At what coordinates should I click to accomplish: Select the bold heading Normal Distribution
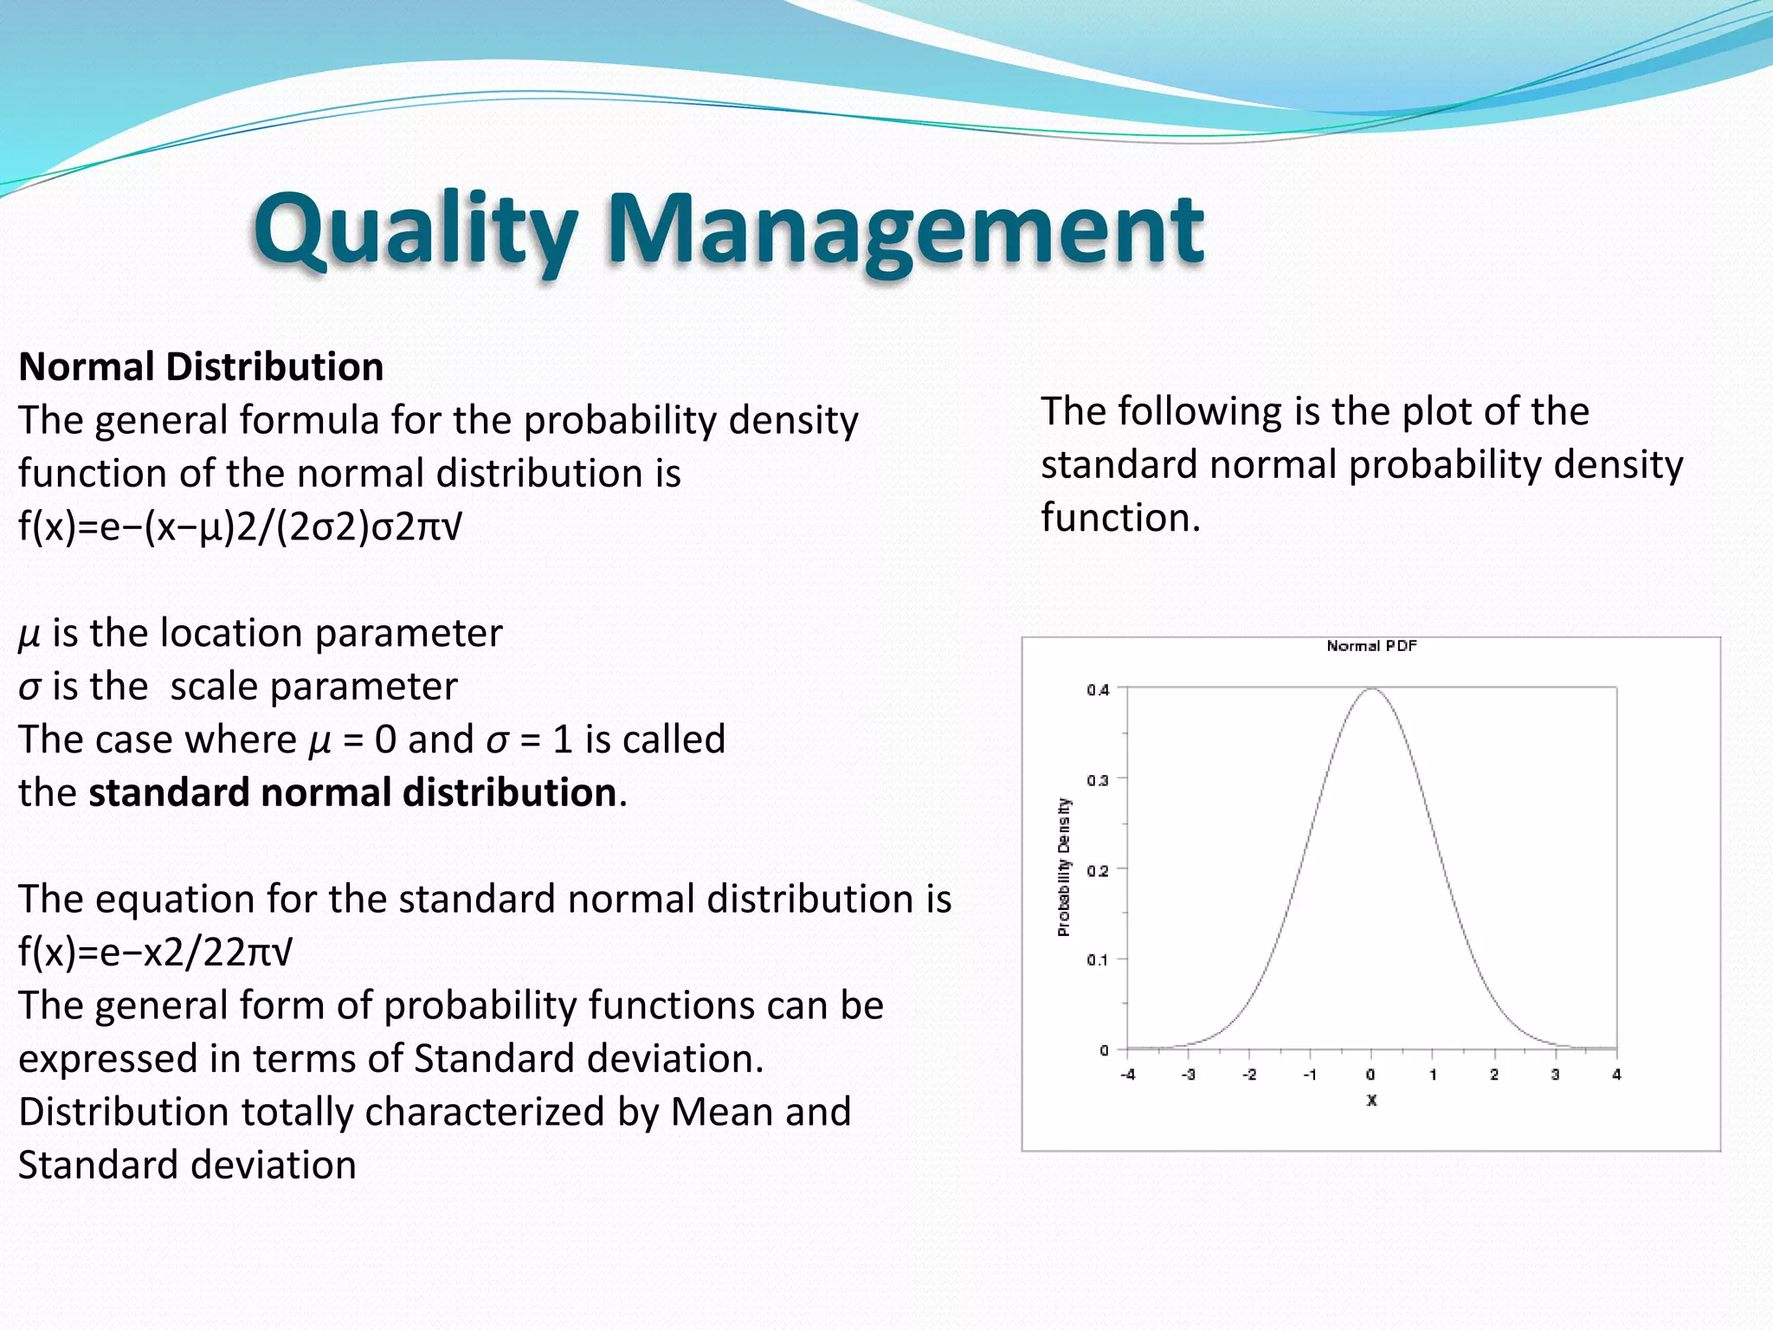(x=201, y=367)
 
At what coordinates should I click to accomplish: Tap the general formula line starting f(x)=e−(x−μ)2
(x=240, y=526)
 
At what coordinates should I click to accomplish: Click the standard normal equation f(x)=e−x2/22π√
(x=155, y=952)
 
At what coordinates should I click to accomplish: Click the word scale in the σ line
(x=213, y=688)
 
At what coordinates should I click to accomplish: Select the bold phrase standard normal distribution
(x=352, y=793)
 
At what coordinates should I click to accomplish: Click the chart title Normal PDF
(x=1370, y=646)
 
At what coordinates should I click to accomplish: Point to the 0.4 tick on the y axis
(x=1098, y=690)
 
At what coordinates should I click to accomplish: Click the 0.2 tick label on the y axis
(x=1098, y=870)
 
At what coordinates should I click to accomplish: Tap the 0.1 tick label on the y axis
(x=1098, y=960)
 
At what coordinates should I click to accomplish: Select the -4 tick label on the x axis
(x=1127, y=1075)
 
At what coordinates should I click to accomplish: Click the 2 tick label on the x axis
(x=1494, y=1075)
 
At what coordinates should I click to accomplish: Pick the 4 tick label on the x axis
(x=1616, y=1075)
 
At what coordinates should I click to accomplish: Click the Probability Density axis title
(x=1064, y=867)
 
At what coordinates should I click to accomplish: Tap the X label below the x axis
(x=1371, y=1101)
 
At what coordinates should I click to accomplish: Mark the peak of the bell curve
(x=1372, y=689)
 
